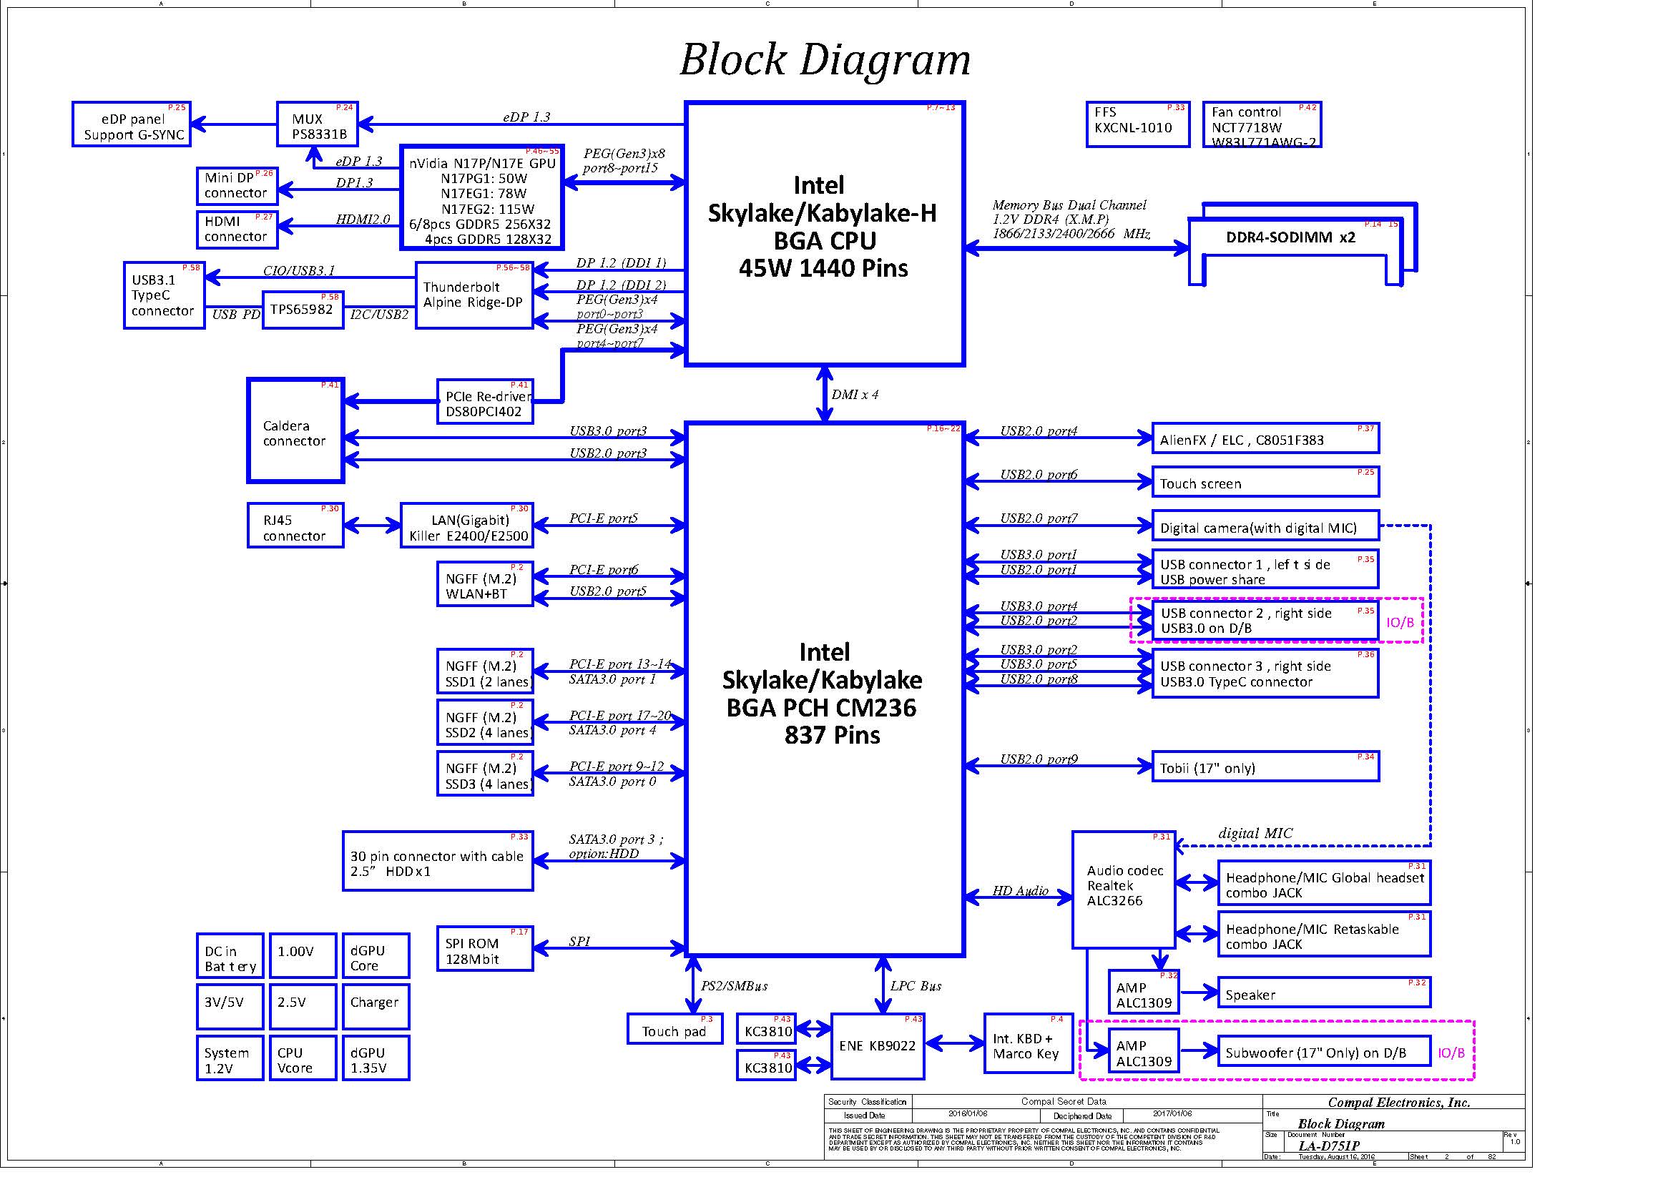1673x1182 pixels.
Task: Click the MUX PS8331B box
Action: click(x=317, y=124)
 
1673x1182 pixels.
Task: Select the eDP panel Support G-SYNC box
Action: click(x=131, y=124)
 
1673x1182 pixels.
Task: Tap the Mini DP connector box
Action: click(x=237, y=186)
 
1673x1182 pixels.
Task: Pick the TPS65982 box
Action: click(x=303, y=310)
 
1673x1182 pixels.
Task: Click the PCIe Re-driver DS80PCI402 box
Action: click(x=484, y=401)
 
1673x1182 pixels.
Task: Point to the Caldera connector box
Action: click(x=295, y=430)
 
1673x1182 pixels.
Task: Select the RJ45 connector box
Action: click(x=295, y=526)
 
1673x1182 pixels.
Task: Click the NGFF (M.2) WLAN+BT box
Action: click(x=484, y=584)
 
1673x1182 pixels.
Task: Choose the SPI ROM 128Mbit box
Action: click(x=484, y=949)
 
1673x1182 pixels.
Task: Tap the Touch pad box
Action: click(x=674, y=1029)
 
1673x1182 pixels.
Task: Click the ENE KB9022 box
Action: click(x=878, y=1047)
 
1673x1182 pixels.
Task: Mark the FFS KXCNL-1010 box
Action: click(x=1137, y=124)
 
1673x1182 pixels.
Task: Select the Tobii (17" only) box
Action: click(x=1265, y=767)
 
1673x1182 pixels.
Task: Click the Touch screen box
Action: click(x=1265, y=482)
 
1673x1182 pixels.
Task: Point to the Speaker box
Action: click(x=1323, y=993)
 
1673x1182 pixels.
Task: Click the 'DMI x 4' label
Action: click(x=855, y=395)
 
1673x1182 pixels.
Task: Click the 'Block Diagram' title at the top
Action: click(x=825, y=60)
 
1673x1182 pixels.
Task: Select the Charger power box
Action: click(x=376, y=1007)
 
